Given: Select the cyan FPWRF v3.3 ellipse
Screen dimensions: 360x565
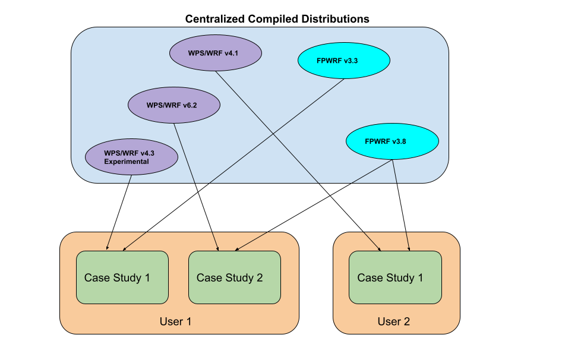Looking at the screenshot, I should click(343, 60).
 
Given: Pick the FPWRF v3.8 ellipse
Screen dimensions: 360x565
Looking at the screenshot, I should click(392, 141).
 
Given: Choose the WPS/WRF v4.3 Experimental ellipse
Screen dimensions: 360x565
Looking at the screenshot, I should click(132, 157).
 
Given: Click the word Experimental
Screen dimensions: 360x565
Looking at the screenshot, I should click(127, 162).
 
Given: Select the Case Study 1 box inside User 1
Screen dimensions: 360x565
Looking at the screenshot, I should click(122, 277).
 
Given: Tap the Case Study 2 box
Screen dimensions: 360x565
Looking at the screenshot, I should click(234, 277).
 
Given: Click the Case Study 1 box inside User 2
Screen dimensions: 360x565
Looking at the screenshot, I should click(395, 277).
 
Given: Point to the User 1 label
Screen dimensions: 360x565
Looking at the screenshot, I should click(176, 322).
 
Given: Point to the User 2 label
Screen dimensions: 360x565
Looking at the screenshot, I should click(394, 322).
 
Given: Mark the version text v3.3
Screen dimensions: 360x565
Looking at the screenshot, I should click(351, 61).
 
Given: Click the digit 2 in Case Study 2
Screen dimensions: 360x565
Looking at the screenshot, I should click(260, 277).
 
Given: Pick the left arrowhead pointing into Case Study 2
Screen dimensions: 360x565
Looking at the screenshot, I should click(217, 249).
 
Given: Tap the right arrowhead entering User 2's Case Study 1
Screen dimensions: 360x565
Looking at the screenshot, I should click(408, 249).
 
